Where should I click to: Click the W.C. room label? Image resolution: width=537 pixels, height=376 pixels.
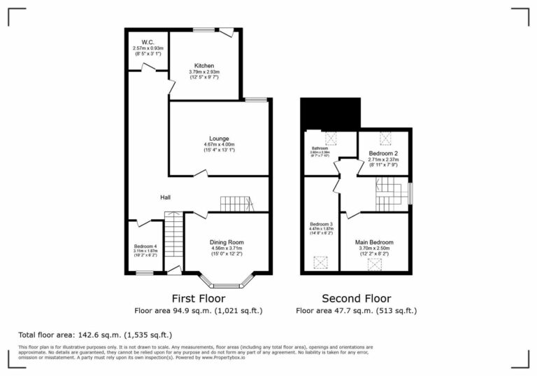(147, 41)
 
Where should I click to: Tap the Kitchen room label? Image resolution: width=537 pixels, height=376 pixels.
(204, 65)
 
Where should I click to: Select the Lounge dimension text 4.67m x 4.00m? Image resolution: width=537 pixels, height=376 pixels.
(219, 145)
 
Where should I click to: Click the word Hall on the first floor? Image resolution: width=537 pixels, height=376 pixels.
(166, 198)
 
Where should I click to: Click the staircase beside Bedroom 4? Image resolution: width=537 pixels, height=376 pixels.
(173, 237)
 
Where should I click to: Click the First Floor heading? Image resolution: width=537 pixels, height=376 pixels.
(198, 298)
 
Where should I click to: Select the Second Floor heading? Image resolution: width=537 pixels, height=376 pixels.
(356, 298)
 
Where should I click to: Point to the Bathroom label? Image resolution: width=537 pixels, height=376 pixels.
(320, 148)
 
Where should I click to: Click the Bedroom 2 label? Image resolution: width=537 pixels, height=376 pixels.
(383, 153)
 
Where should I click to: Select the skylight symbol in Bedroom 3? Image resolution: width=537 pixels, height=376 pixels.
(321, 263)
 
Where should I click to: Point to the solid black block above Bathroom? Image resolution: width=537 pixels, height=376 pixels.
(330, 113)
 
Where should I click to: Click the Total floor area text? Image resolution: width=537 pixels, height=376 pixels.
(95, 335)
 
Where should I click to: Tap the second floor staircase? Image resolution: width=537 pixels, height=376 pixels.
(389, 194)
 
